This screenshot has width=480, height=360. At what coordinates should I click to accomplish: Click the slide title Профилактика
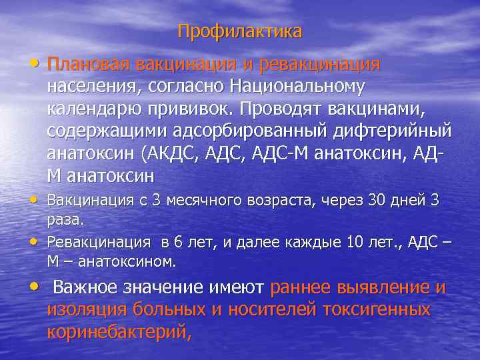pyautogui.click(x=239, y=31)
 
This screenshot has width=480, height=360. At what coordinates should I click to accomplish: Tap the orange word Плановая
pyautogui.click(x=88, y=65)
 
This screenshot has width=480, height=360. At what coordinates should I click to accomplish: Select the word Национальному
pyautogui.click(x=297, y=86)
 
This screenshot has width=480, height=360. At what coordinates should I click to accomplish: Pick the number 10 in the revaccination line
pyautogui.click(x=354, y=241)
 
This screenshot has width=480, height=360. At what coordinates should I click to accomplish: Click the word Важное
pyautogui.click(x=87, y=287)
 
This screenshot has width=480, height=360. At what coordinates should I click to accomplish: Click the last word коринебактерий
pyautogui.click(x=117, y=331)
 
